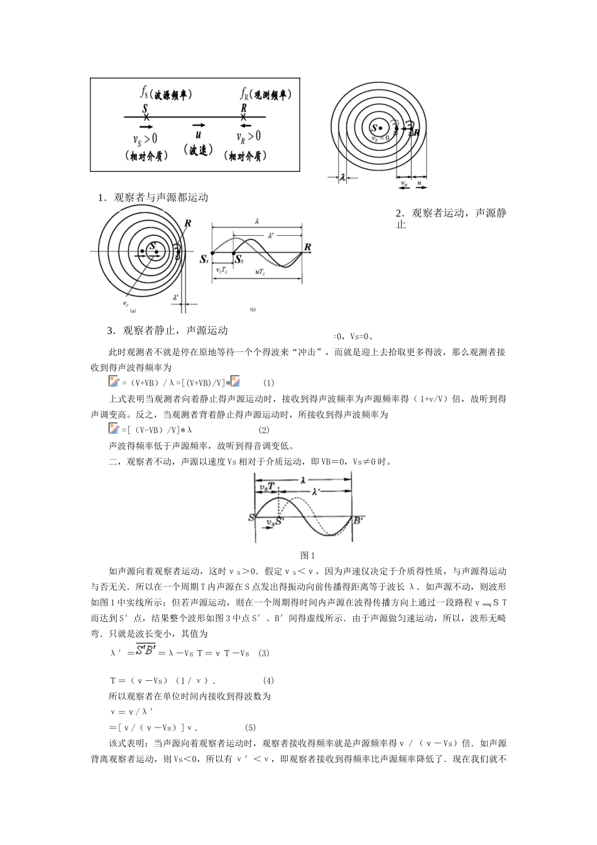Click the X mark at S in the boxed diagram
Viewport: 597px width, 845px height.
click(146, 117)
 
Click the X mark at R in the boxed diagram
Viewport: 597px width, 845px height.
click(244, 117)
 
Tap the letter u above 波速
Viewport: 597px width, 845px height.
click(199, 135)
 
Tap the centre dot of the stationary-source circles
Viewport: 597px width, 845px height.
click(380, 128)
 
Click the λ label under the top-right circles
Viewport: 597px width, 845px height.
click(342, 178)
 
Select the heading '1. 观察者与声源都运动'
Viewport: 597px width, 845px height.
click(153, 197)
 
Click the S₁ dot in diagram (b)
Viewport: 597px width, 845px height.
click(212, 253)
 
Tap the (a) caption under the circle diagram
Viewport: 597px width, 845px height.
click(133, 310)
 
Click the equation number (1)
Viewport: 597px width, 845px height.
click(269, 383)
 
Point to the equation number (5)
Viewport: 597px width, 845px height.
click(250, 728)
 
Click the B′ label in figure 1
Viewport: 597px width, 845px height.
click(359, 521)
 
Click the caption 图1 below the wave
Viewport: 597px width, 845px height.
click(308, 555)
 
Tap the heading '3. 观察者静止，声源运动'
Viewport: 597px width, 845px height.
click(167, 331)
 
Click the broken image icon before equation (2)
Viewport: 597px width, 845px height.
click(113, 429)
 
